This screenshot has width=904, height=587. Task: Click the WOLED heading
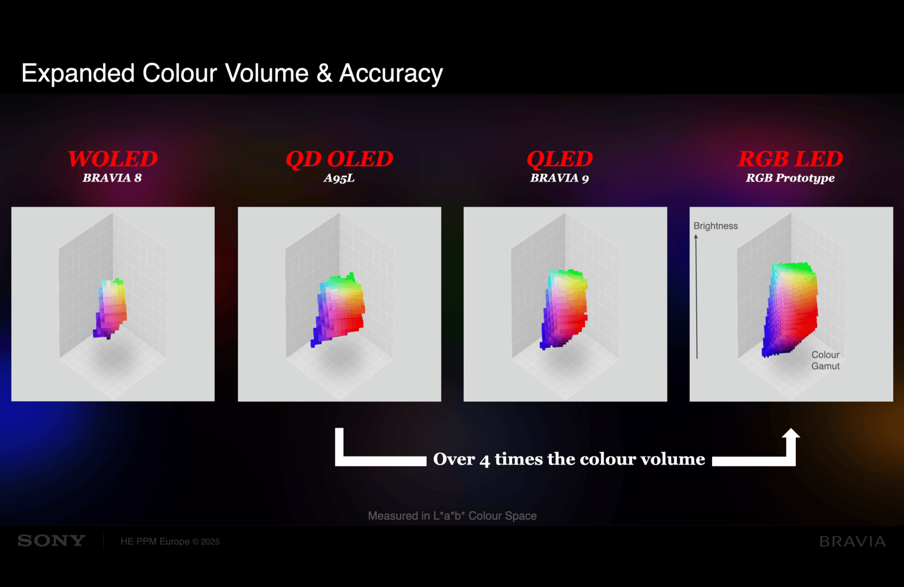pyautogui.click(x=113, y=159)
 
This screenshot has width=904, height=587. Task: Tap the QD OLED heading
pyautogui.click(x=339, y=159)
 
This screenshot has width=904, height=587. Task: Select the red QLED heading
pyautogui.click(x=560, y=159)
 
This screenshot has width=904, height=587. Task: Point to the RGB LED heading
pyautogui.click(x=790, y=159)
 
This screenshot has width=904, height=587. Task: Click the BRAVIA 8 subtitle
pyautogui.click(x=112, y=178)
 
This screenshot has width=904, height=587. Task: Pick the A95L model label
pyautogui.click(x=339, y=178)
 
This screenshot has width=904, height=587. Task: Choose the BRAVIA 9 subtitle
pyautogui.click(x=559, y=178)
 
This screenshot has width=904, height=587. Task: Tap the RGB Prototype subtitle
pyautogui.click(x=790, y=178)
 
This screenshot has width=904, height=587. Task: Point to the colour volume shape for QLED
pyautogui.click(x=564, y=309)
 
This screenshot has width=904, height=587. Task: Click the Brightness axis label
pyautogui.click(x=715, y=226)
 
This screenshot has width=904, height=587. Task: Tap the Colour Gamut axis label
pyautogui.click(x=825, y=360)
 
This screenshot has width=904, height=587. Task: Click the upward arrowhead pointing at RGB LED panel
pyautogui.click(x=790, y=434)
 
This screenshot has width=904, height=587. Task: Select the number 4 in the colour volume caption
pyautogui.click(x=485, y=460)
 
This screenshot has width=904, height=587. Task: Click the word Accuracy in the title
pyautogui.click(x=391, y=73)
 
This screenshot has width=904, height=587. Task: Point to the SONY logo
pyautogui.click(x=52, y=541)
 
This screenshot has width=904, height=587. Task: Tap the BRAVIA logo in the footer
pyautogui.click(x=853, y=541)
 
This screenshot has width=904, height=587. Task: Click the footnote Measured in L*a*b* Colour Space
pyautogui.click(x=452, y=516)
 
